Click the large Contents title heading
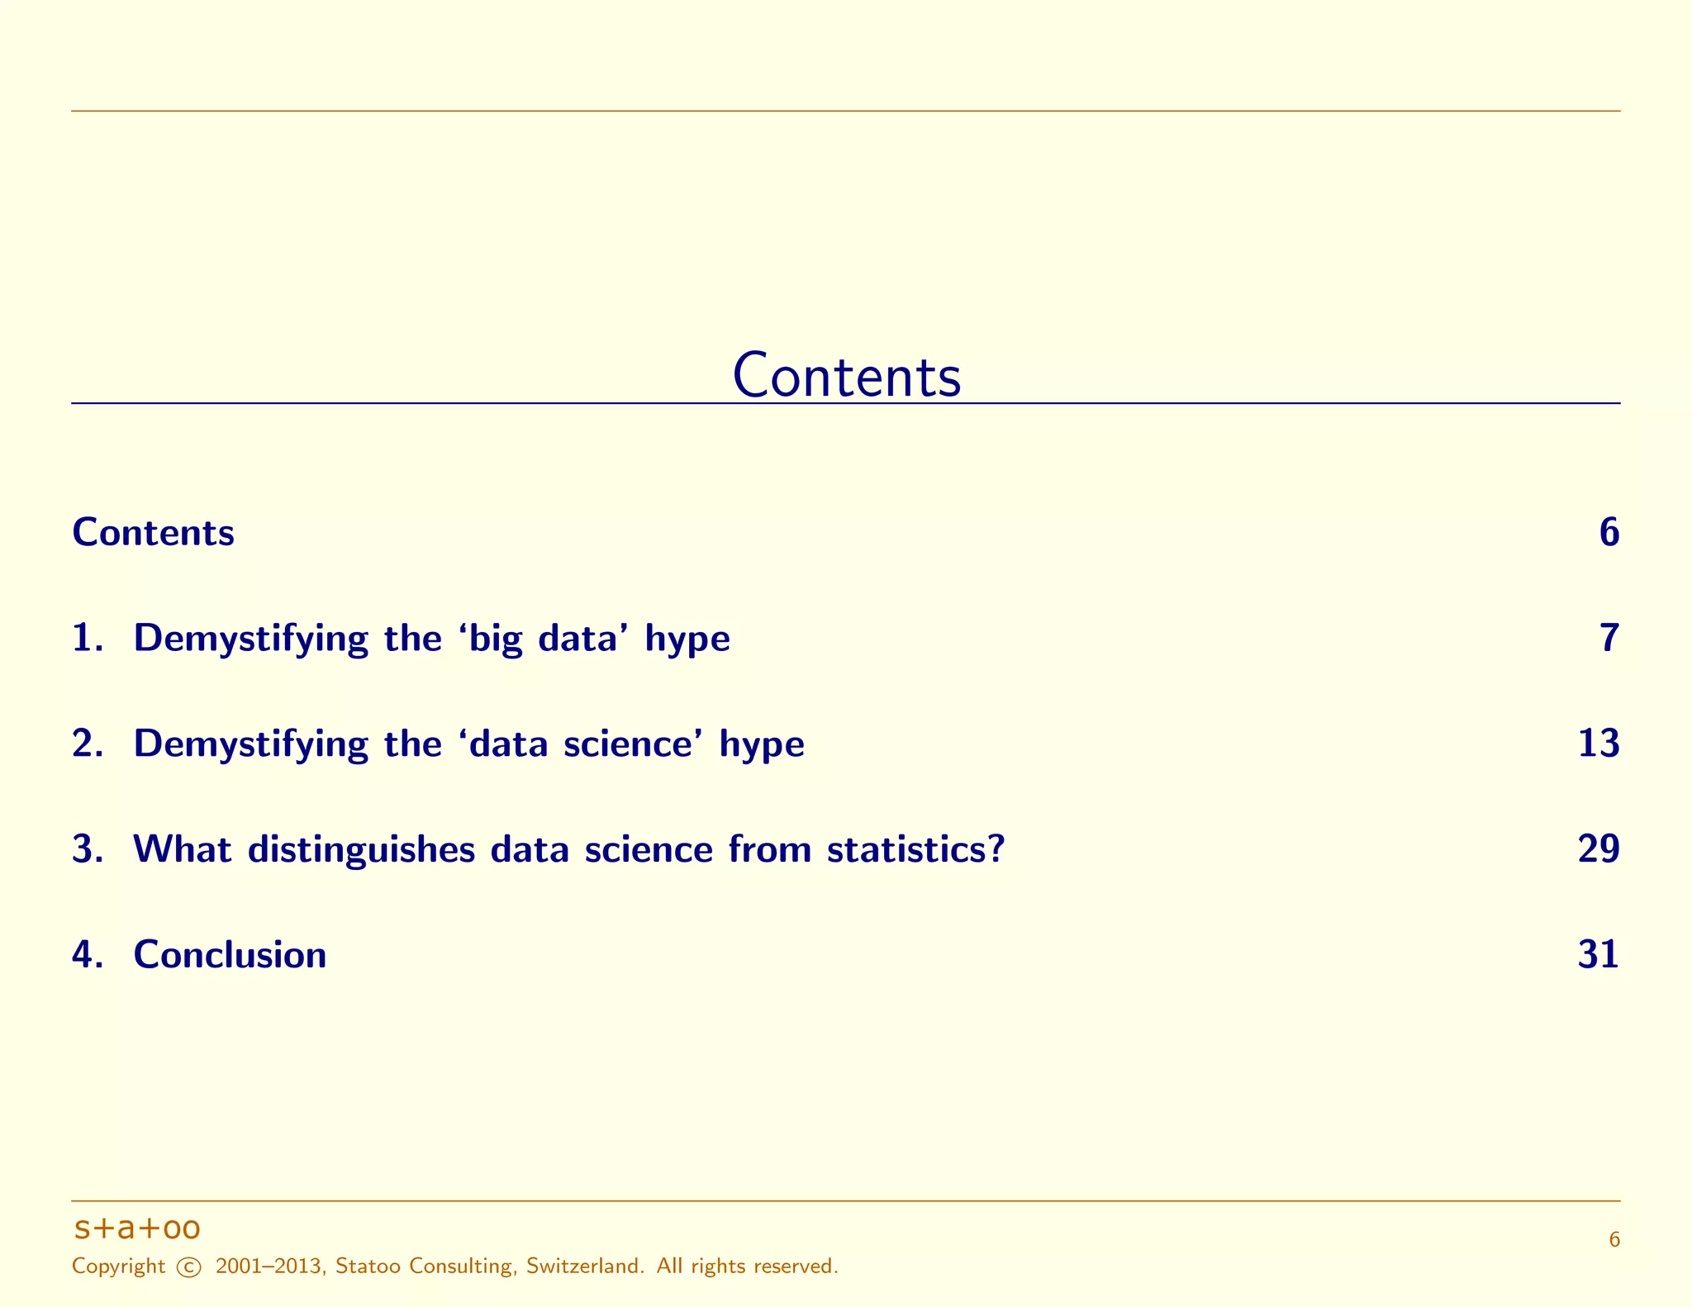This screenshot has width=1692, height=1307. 846,377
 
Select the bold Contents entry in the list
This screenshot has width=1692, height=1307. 154,533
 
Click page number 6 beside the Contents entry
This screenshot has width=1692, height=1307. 1609,533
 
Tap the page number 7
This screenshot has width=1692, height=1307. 1609,639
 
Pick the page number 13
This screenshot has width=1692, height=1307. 1598,744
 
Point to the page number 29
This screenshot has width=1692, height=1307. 1598,849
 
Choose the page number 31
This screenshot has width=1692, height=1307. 1598,955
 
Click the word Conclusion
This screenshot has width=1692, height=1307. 230,955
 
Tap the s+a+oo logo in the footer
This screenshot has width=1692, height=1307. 137,1229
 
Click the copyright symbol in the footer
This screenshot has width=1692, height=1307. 189,1267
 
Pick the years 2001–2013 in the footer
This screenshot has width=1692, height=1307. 269,1267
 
